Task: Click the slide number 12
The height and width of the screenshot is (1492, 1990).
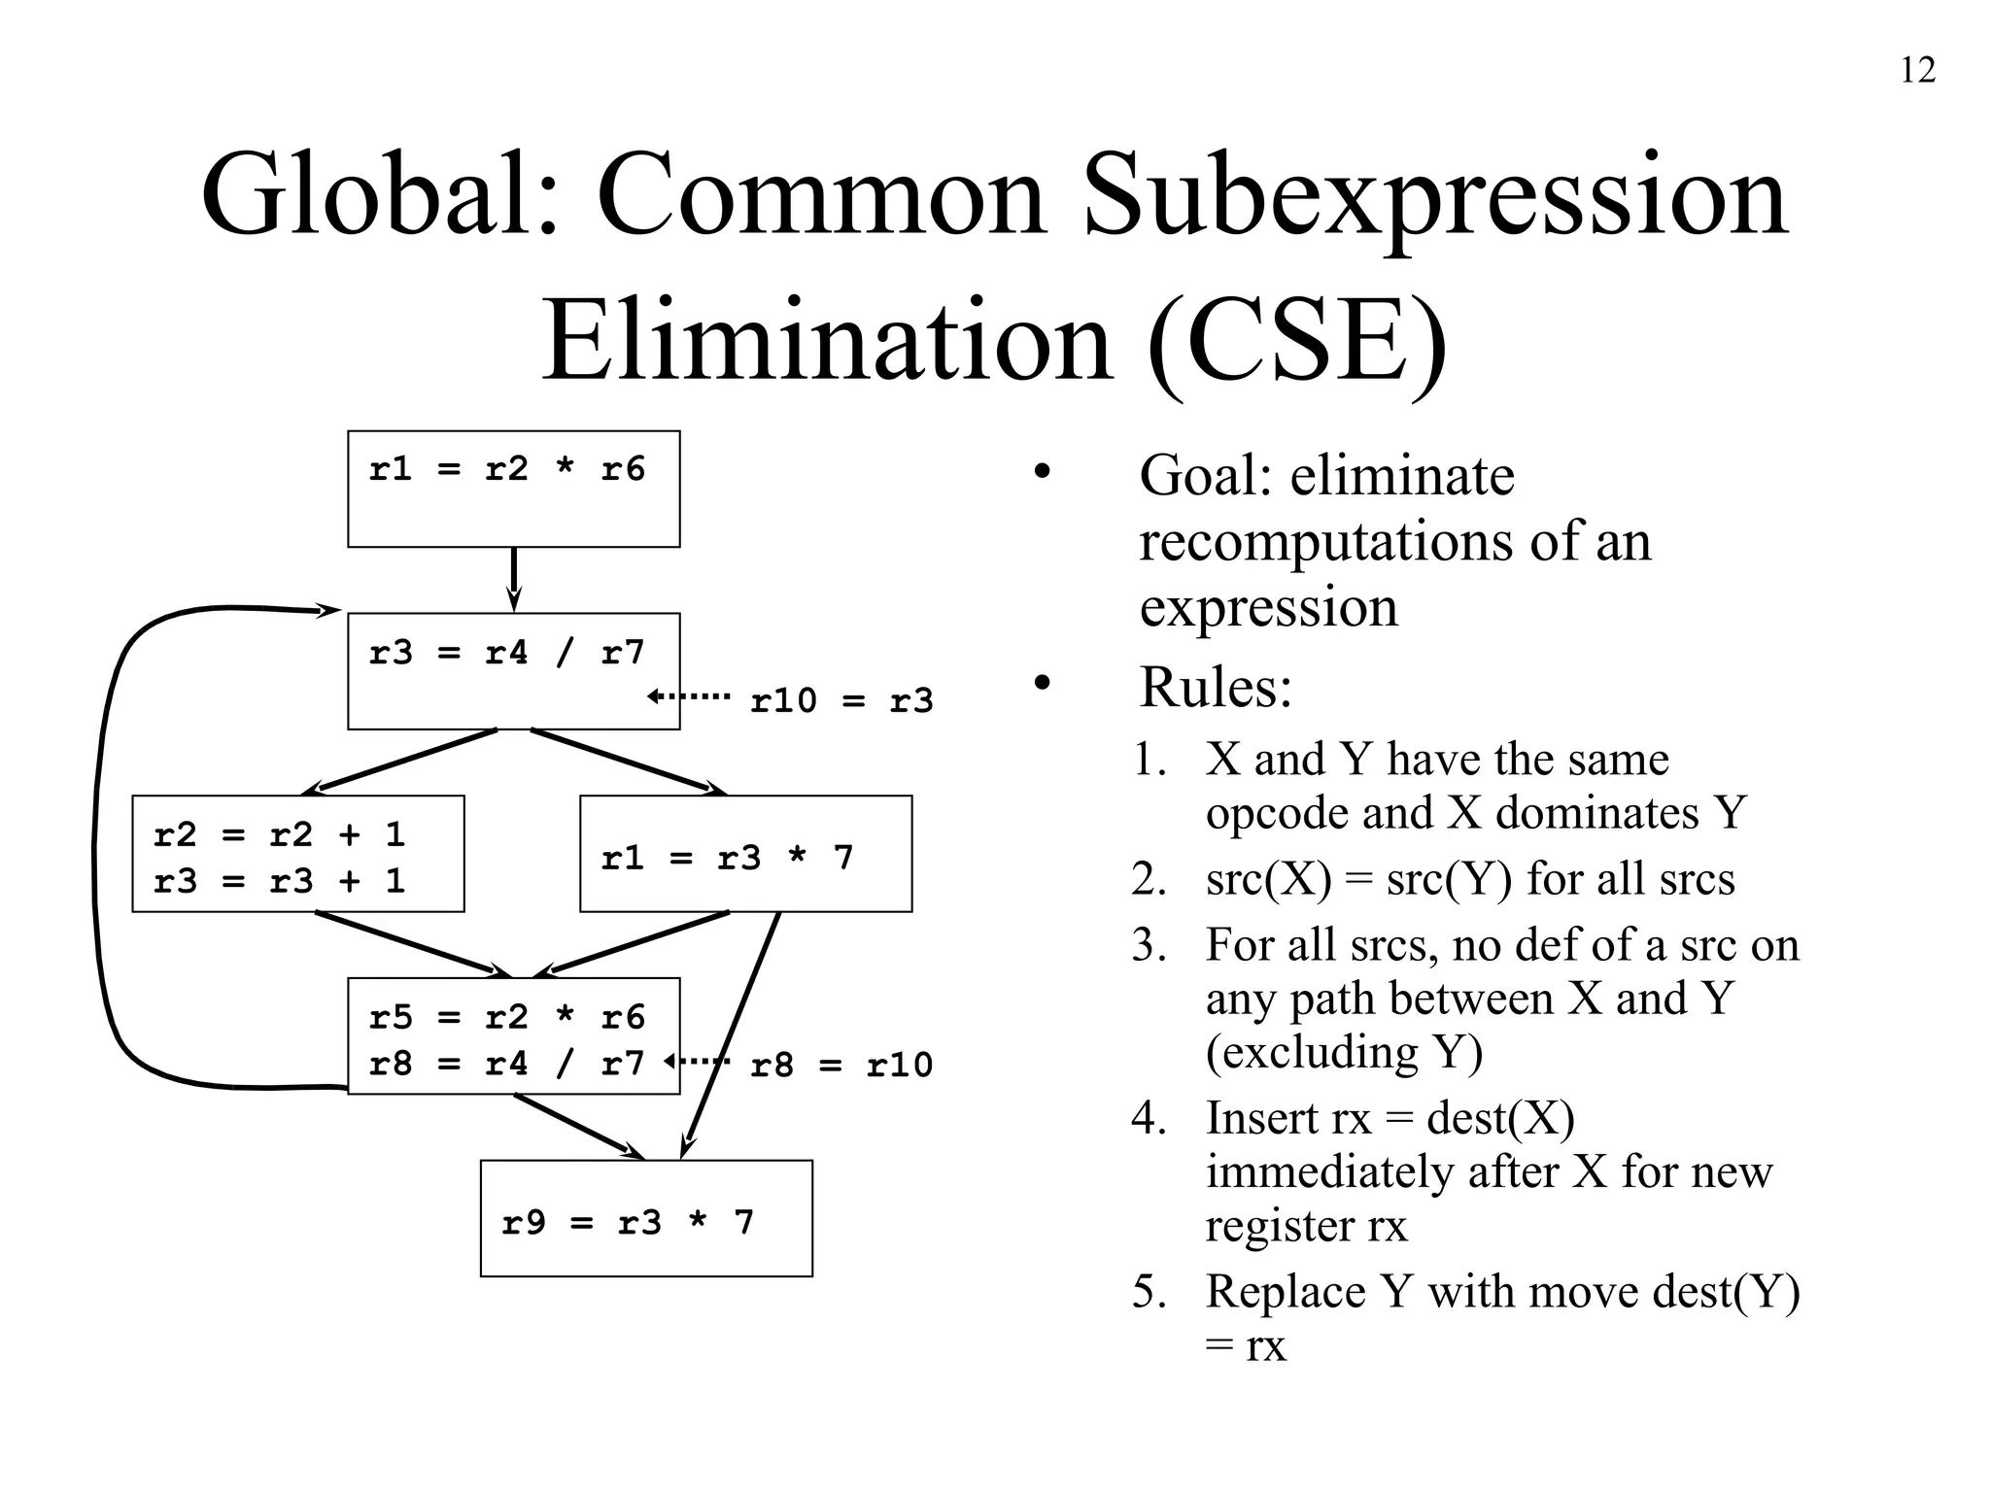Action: click(1917, 71)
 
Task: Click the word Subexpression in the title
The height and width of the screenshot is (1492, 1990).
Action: click(1434, 195)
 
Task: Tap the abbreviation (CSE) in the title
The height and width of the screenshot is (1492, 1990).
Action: click(1297, 342)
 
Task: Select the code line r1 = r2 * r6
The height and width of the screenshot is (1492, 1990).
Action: click(506, 470)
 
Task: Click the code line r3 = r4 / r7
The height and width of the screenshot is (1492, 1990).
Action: click(506, 653)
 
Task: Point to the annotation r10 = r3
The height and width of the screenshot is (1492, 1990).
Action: click(841, 700)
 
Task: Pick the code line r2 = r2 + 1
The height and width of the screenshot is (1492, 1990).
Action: click(279, 835)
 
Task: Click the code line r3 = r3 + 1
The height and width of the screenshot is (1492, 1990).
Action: click(279, 882)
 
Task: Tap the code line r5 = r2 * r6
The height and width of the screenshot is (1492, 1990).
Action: click(506, 1018)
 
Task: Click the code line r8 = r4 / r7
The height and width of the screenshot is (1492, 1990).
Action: click(506, 1065)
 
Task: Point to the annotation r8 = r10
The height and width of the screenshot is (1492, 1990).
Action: click(841, 1066)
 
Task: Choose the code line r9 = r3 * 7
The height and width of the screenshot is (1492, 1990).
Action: click(628, 1223)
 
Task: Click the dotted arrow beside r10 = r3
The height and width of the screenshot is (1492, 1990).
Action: click(689, 695)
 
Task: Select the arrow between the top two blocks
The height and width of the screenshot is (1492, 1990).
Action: click(514, 580)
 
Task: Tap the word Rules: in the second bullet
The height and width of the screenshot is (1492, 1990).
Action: click(1216, 688)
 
